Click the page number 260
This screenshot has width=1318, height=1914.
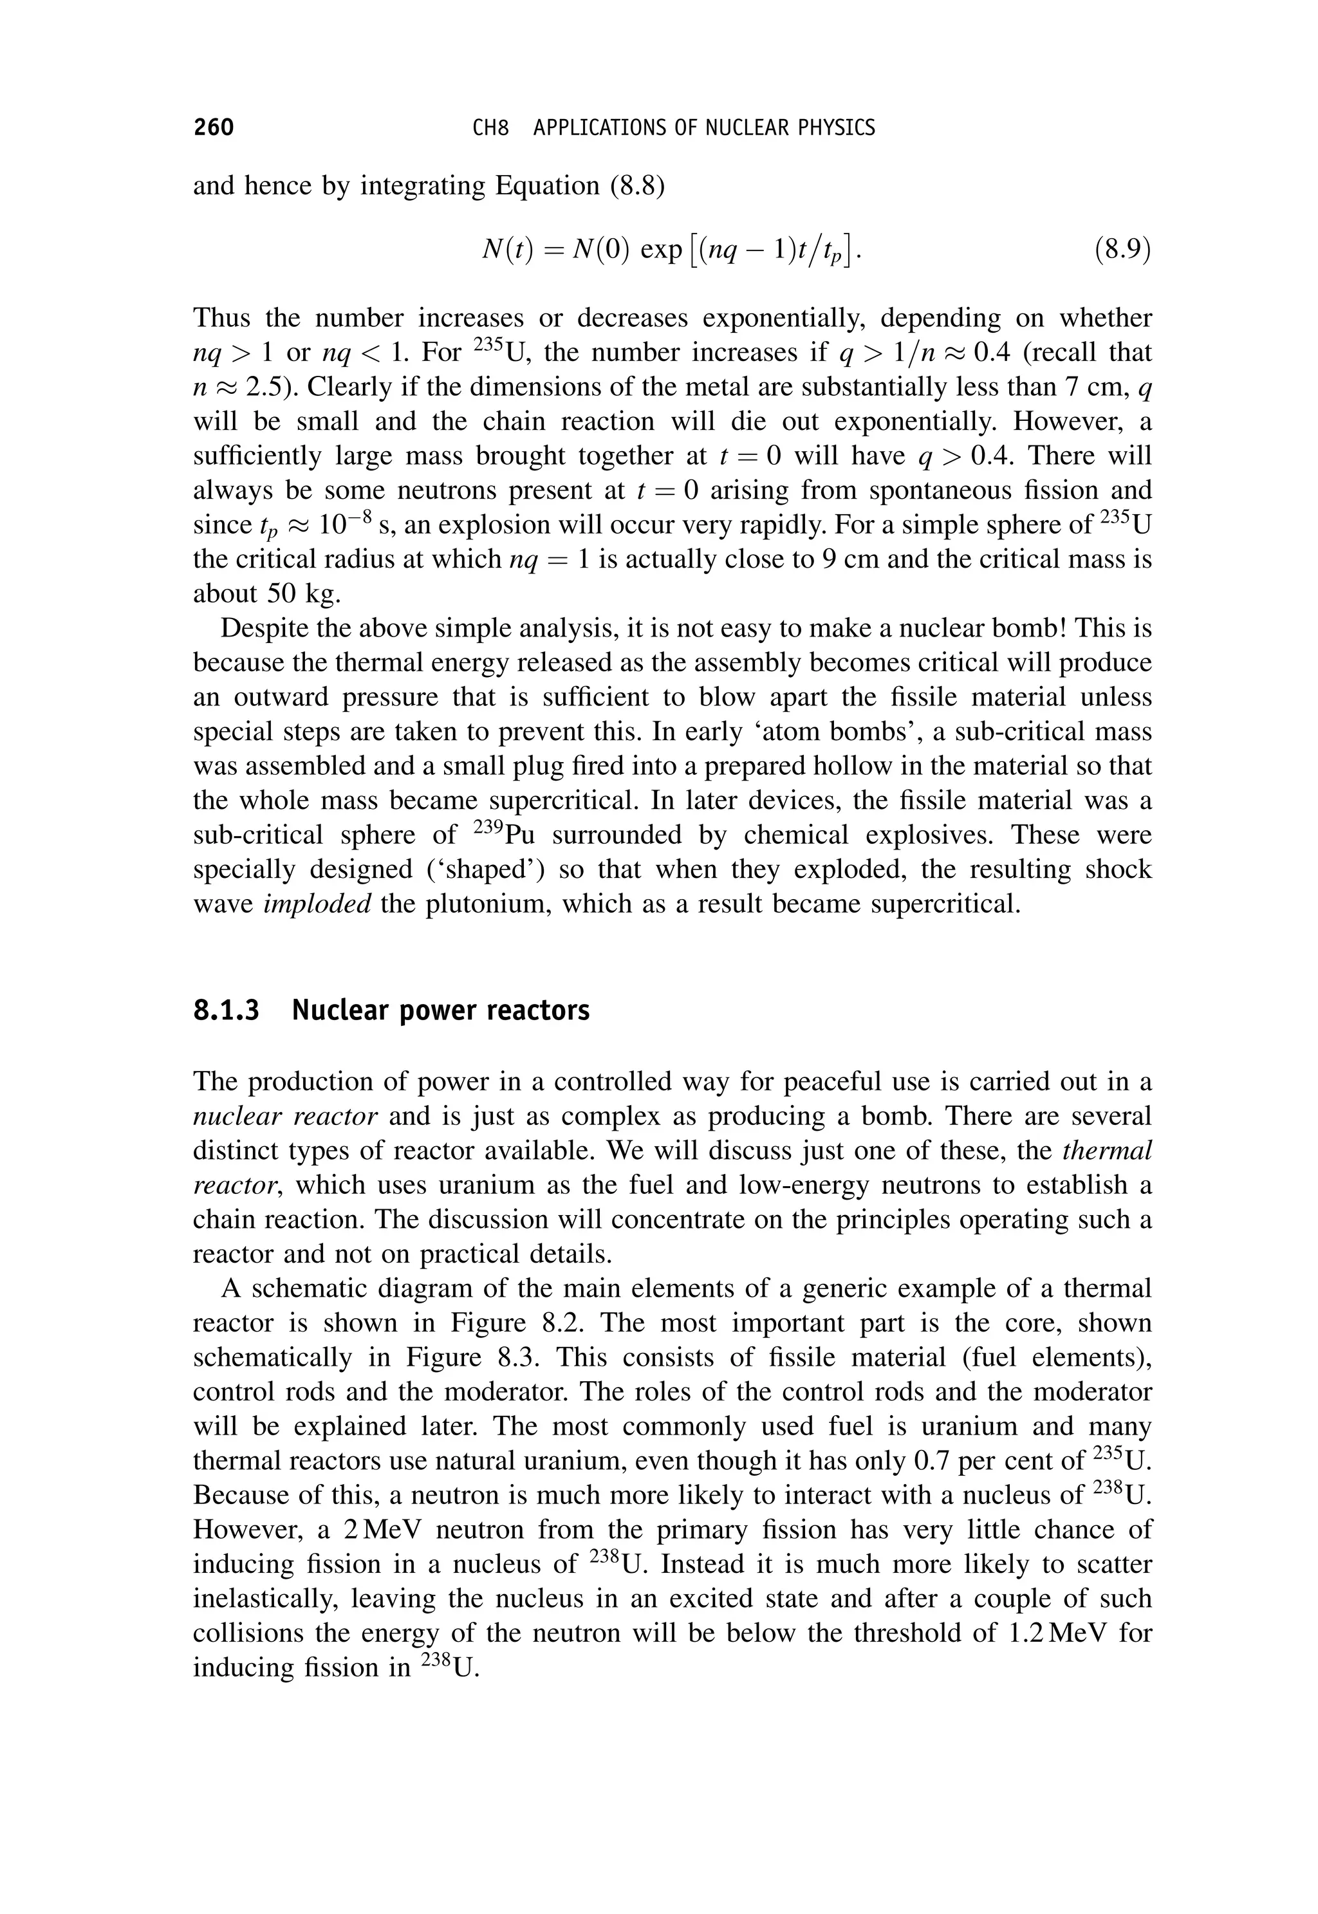click(x=213, y=128)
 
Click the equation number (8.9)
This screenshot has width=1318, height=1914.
click(x=1122, y=249)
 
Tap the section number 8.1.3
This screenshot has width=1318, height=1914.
click(x=225, y=1010)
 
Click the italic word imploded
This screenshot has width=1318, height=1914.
click(x=317, y=904)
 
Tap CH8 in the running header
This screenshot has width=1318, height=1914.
click(x=490, y=128)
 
